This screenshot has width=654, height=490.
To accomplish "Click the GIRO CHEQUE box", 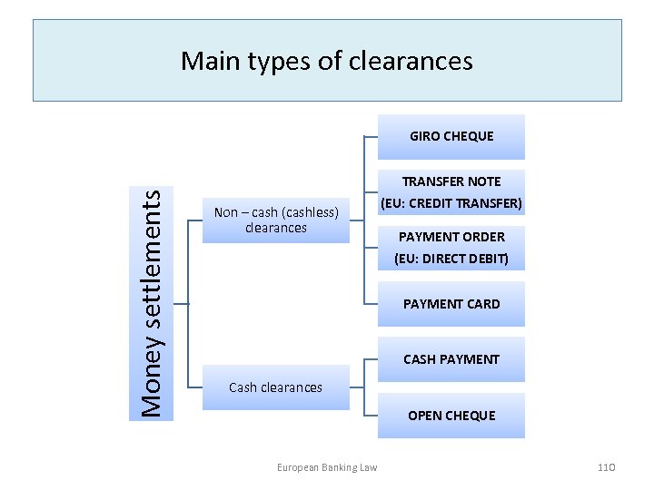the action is click(451, 137).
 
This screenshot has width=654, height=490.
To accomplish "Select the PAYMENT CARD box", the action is click(451, 304).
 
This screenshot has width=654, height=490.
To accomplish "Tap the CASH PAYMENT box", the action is click(451, 359).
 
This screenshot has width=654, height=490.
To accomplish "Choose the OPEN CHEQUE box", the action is click(451, 416).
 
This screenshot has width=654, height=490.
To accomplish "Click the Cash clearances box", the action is click(275, 387).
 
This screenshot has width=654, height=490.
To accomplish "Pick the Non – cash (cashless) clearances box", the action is click(275, 220).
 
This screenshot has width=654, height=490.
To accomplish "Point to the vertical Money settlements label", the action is click(154, 302).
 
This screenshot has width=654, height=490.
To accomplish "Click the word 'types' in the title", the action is click(263, 62).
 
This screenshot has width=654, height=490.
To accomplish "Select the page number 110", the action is click(607, 467).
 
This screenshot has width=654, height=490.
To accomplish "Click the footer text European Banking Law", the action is click(327, 467).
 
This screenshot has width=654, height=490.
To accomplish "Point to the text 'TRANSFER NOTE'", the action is click(451, 181).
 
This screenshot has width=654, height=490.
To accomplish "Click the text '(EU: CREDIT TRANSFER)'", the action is click(451, 202).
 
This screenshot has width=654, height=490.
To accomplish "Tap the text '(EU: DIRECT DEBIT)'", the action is click(451, 259).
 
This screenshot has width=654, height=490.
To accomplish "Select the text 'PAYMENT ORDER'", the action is click(451, 237).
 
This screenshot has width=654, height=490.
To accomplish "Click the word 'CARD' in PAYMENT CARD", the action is click(481, 304).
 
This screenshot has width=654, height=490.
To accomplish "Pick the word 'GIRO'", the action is click(425, 137).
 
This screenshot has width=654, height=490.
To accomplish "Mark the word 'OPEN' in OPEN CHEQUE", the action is click(425, 416).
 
